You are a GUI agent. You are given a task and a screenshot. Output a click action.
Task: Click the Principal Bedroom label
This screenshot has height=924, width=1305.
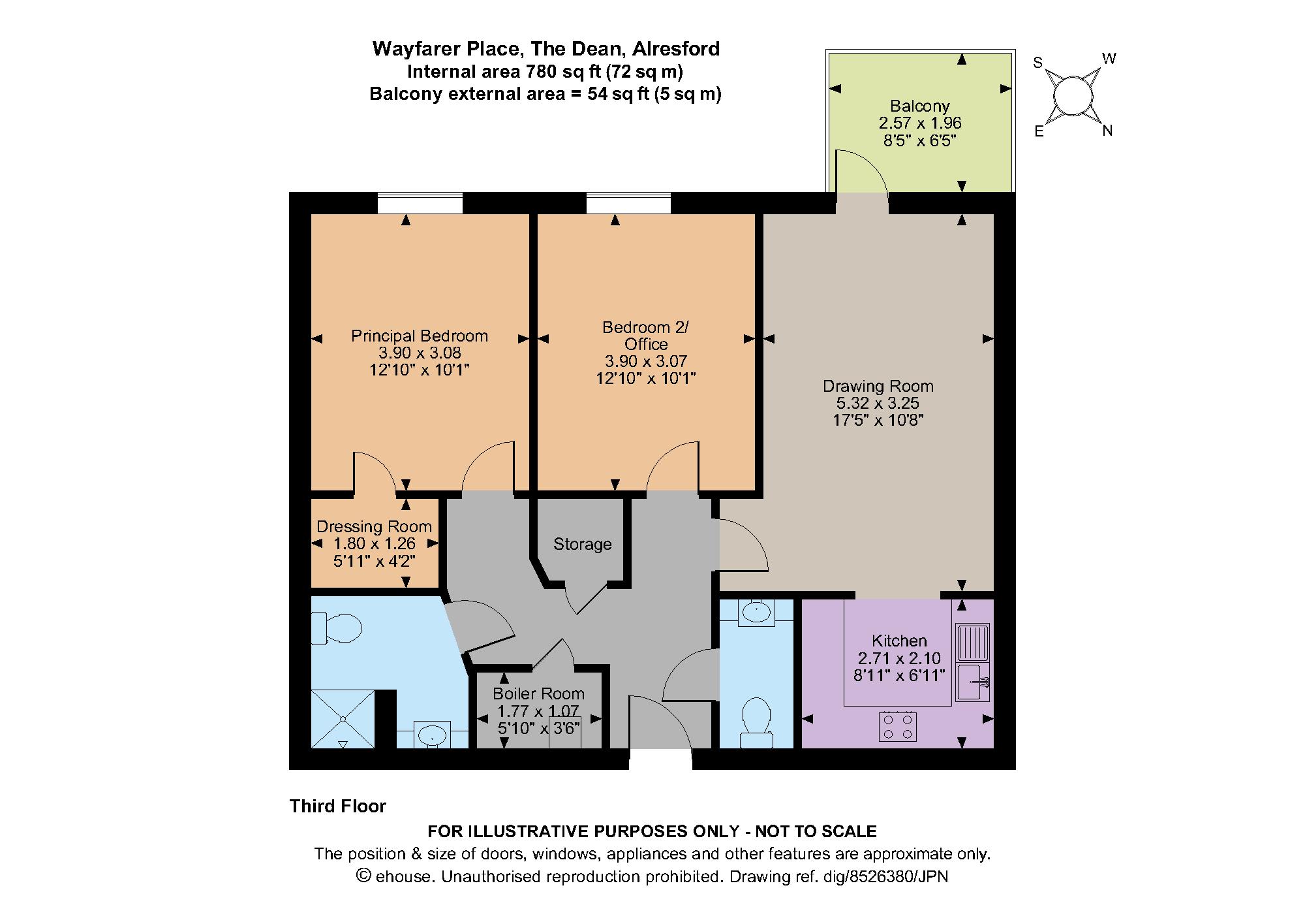click(420, 336)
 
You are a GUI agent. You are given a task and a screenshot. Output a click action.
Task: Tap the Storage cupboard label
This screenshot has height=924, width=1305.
click(582, 544)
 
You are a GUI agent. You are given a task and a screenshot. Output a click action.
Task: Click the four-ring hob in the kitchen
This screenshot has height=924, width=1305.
click(898, 726)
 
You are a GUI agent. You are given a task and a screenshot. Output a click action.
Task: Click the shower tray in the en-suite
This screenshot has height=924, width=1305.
click(343, 719)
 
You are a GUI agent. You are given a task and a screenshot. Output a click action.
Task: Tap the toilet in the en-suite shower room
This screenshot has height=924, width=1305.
click(337, 629)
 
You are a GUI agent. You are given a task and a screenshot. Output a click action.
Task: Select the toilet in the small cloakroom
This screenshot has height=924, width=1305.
click(757, 722)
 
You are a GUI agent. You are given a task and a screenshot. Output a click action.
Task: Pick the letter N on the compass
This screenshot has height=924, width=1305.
click(1107, 131)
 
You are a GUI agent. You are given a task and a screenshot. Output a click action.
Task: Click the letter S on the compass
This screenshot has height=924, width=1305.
click(1038, 63)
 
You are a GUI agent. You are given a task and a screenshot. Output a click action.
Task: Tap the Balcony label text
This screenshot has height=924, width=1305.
click(919, 106)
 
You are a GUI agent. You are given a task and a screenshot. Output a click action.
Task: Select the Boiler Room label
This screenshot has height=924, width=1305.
click(538, 693)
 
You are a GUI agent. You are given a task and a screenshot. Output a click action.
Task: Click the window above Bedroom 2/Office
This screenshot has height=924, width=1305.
click(628, 203)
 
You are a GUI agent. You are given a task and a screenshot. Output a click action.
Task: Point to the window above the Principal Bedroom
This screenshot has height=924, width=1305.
click(420, 203)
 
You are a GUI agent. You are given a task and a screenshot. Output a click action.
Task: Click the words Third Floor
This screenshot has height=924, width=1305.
click(338, 806)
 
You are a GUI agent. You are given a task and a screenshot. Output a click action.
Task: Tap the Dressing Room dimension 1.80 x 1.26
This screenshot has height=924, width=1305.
click(374, 543)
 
